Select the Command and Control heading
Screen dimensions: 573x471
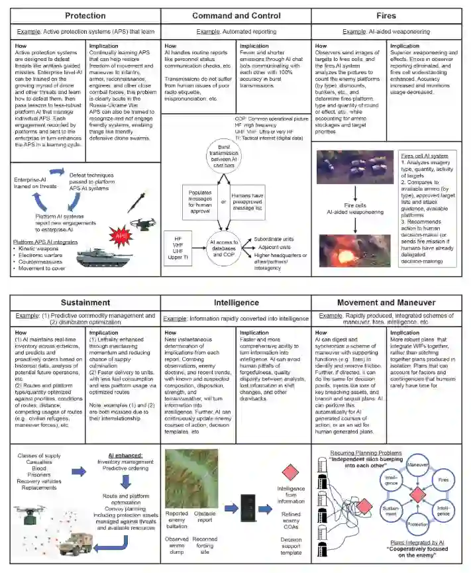click(x=236, y=15)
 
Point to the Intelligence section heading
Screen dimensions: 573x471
click(x=236, y=302)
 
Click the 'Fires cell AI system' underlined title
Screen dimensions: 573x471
click(x=424, y=156)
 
